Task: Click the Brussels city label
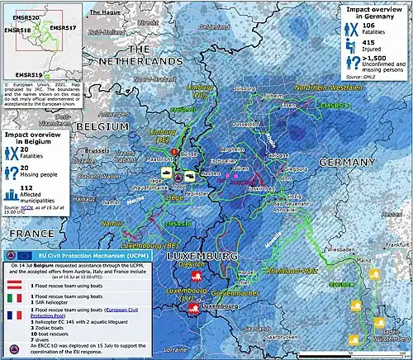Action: [97, 151]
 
